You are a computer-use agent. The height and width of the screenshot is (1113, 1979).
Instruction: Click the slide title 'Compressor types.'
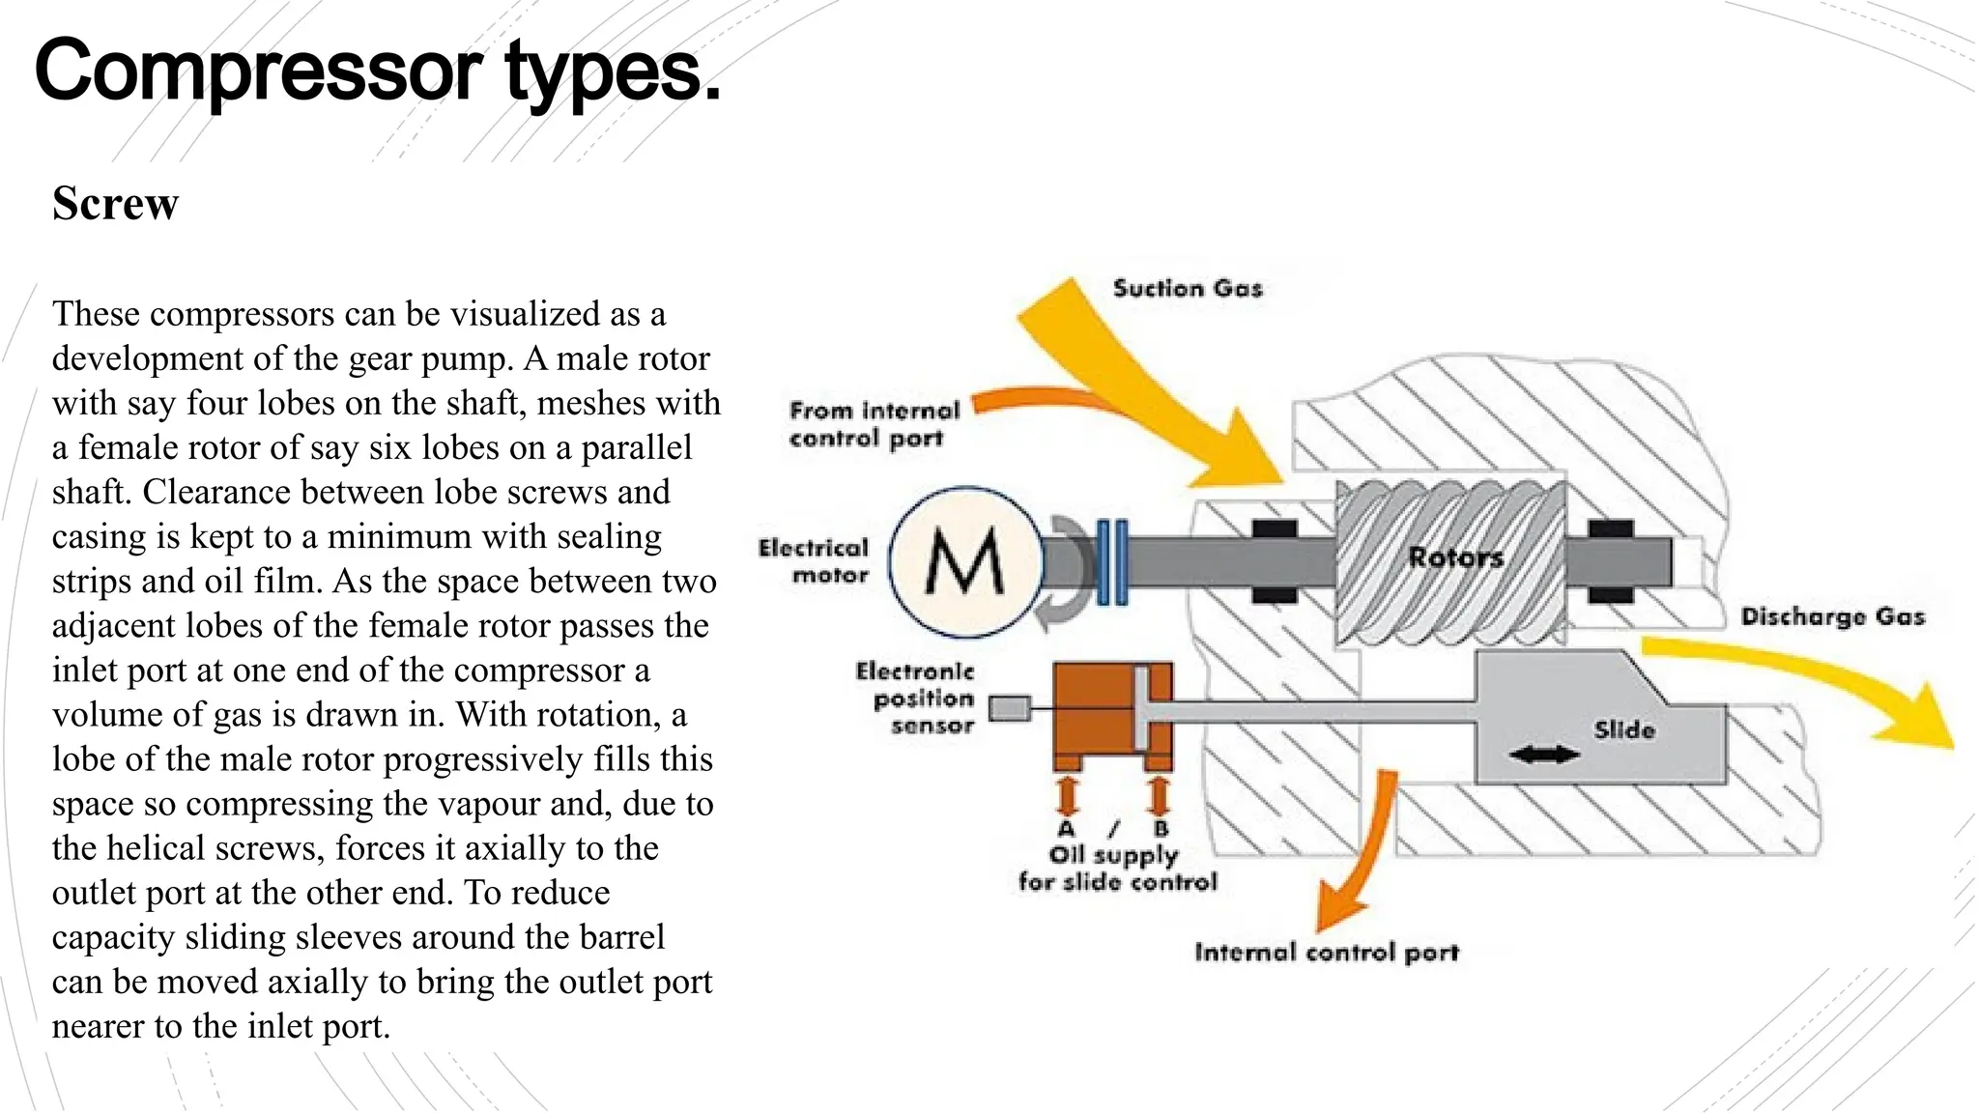click(378, 70)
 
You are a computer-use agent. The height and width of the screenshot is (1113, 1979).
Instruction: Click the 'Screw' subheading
click(115, 204)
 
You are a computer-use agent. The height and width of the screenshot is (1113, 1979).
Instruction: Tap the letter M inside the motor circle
click(964, 562)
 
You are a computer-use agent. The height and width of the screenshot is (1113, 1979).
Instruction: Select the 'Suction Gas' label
click(1187, 288)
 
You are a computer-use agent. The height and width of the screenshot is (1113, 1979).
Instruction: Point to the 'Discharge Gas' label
click(1831, 616)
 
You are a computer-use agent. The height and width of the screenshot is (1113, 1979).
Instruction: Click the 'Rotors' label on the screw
click(1455, 557)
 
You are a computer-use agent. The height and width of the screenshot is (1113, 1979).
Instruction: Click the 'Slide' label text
click(1624, 729)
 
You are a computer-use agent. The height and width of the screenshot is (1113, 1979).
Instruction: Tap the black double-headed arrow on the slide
click(1543, 755)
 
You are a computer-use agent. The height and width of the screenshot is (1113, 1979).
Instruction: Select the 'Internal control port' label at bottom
click(1326, 953)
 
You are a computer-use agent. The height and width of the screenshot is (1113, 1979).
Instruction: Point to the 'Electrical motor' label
click(814, 561)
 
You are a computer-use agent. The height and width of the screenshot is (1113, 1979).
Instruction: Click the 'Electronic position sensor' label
click(916, 698)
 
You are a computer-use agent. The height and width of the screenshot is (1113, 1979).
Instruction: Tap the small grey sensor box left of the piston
click(1010, 708)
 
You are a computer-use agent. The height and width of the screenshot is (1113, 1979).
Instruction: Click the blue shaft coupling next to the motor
click(1112, 561)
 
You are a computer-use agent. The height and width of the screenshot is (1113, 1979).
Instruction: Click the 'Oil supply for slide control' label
click(1117, 868)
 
